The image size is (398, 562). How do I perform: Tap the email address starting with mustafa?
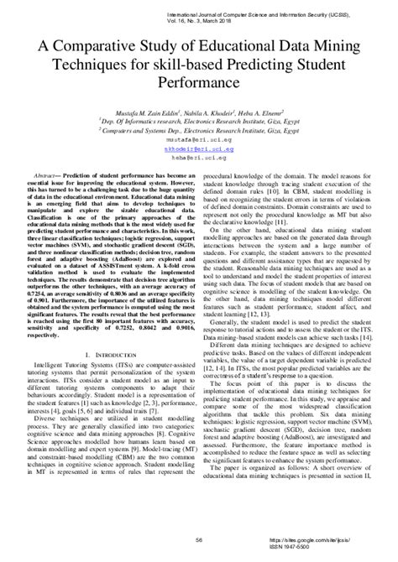198,136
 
